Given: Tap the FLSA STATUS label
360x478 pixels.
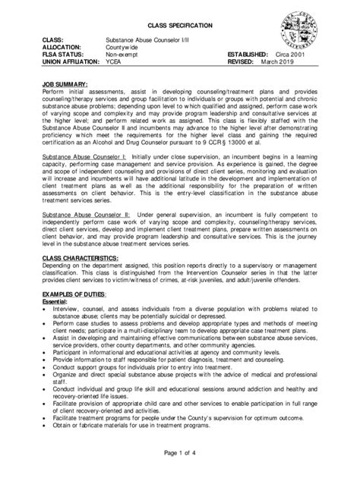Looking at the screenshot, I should pos(66,55).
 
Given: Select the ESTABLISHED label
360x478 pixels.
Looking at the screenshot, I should pos(247,55).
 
